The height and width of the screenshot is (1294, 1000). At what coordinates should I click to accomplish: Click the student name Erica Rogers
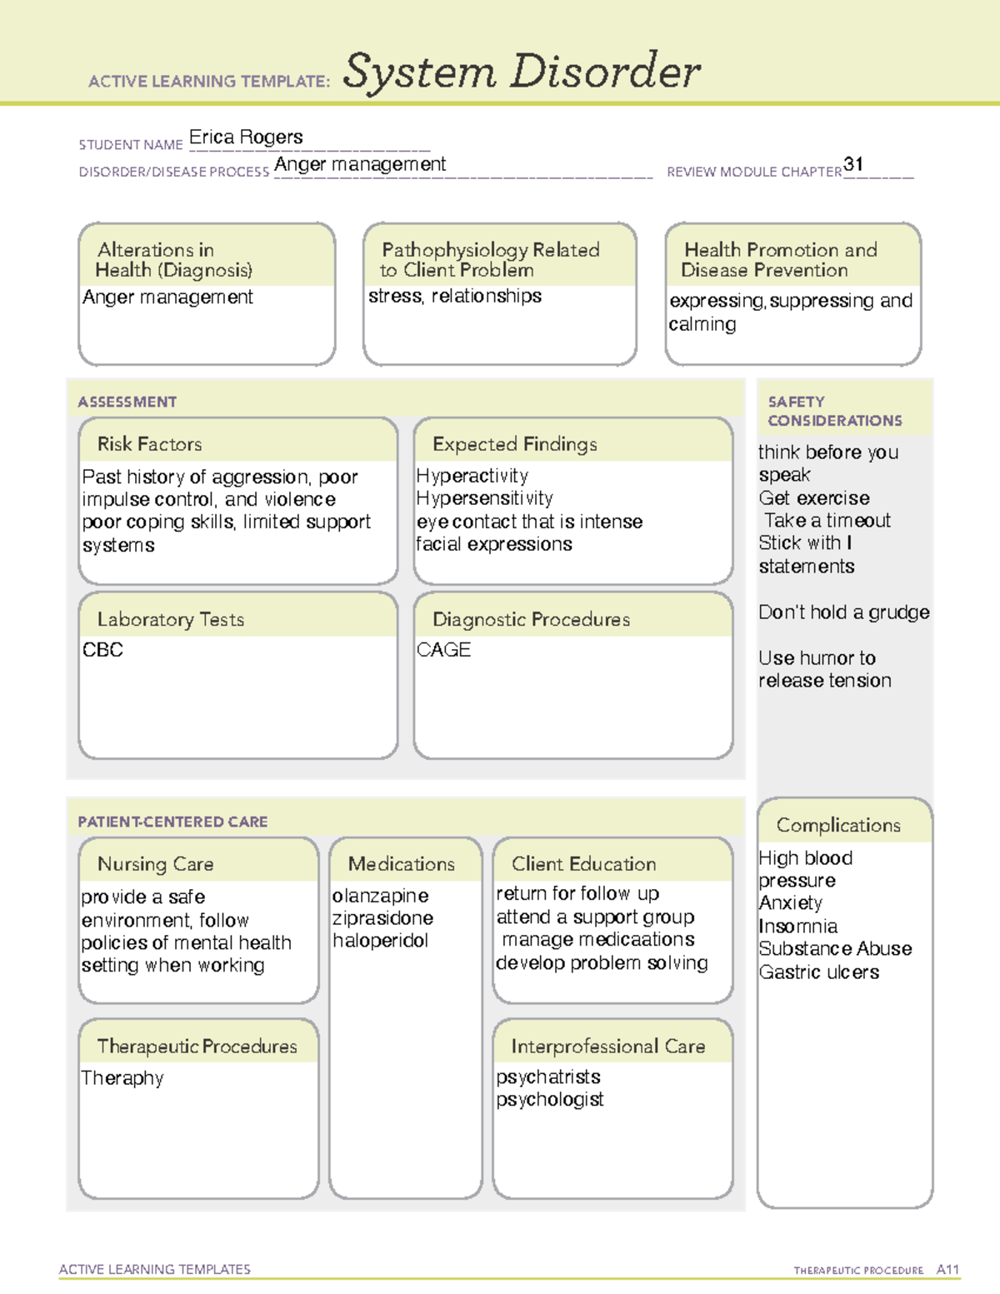click(246, 137)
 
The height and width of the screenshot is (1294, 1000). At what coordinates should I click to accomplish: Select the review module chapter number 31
click(853, 164)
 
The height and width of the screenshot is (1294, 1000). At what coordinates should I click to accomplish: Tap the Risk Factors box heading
click(149, 444)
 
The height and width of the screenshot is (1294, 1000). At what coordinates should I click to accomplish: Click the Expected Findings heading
click(514, 444)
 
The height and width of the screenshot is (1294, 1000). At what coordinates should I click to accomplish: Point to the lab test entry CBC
click(102, 650)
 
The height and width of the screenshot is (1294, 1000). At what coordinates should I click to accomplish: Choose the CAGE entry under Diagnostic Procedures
click(443, 650)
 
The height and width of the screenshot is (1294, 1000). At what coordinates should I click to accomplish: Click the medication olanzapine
click(380, 896)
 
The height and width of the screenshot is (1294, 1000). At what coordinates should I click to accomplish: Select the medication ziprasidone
click(382, 918)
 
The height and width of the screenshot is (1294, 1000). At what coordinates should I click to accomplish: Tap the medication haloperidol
click(380, 941)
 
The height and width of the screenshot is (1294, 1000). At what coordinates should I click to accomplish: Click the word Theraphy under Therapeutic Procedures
click(122, 1078)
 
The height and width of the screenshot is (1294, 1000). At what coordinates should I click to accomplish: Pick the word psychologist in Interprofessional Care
click(550, 1100)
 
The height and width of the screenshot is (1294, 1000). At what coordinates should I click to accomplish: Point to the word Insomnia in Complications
click(798, 927)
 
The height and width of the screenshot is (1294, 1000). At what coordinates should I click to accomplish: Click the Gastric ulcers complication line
click(819, 972)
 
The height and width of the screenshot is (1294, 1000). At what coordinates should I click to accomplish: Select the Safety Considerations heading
click(834, 411)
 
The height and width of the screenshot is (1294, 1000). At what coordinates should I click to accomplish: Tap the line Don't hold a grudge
click(843, 612)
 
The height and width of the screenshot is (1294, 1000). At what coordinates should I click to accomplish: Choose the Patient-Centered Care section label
click(172, 822)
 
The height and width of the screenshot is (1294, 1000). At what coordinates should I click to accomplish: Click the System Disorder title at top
click(522, 72)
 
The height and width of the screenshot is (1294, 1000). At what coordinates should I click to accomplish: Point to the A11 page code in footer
click(947, 1270)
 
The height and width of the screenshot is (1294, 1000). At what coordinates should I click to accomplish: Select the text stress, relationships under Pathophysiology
click(455, 297)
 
